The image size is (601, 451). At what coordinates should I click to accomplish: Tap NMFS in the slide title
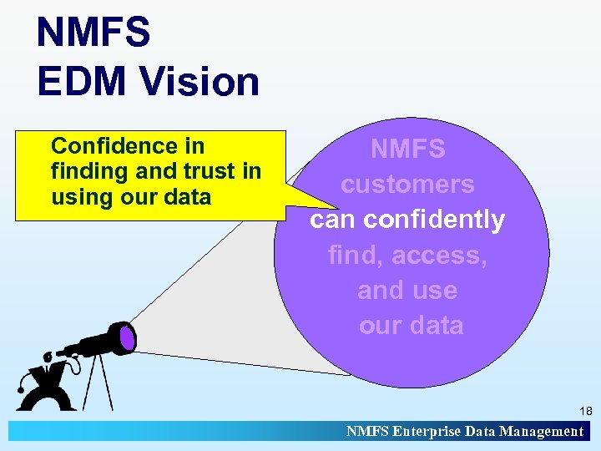pos(93,33)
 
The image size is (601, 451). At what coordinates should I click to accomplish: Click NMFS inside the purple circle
pos(407,149)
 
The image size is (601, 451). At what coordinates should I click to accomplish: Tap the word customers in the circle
pos(407,185)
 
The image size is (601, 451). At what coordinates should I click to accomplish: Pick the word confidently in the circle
pos(434,220)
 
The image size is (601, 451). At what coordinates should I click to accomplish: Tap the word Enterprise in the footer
pos(432,432)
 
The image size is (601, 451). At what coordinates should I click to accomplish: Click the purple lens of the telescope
pos(127,337)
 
